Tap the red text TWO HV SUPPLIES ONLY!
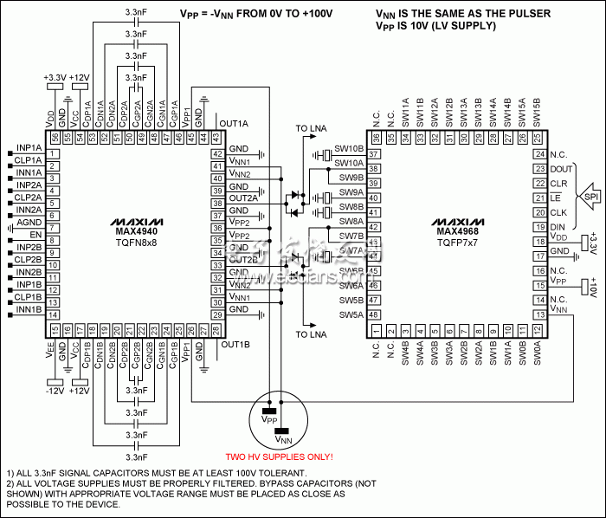click(280, 456)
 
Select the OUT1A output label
click(234, 122)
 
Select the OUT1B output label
click(234, 344)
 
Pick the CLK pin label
click(558, 212)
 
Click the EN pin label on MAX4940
click(35, 234)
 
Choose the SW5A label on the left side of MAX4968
click(351, 315)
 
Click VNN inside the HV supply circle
click(283, 439)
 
